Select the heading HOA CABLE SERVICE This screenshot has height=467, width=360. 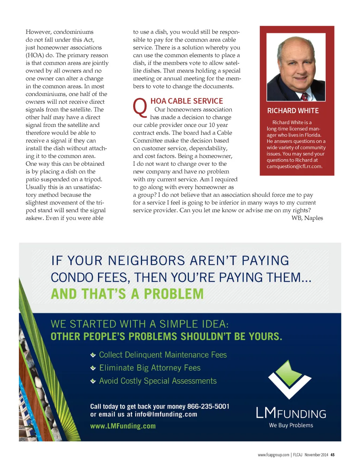coord(187,101)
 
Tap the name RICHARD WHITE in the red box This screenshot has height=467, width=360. coord(293,111)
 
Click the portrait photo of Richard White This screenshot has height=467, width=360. coord(296,67)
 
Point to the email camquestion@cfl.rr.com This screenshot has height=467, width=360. coord(294,167)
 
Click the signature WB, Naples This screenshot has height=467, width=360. coord(307,218)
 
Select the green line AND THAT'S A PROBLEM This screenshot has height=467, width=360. coord(127,294)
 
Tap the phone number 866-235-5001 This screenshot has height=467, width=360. coord(208,407)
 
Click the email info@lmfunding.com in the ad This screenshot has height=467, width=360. coord(166,415)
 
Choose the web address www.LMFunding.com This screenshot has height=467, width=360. coord(123,426)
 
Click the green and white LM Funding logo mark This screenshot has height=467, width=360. coord(290,380)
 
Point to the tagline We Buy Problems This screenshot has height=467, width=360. coord(291,425)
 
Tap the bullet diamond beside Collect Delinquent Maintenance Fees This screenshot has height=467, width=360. coord(93,355)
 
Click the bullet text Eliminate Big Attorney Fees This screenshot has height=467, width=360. coord(150,368)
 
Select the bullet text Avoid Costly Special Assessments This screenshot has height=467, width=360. coord(158,381)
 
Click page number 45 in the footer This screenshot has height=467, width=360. coord(332,455)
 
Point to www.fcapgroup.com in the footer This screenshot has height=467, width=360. coord(274,455)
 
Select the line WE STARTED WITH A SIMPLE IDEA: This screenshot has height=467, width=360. coord(140,324)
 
